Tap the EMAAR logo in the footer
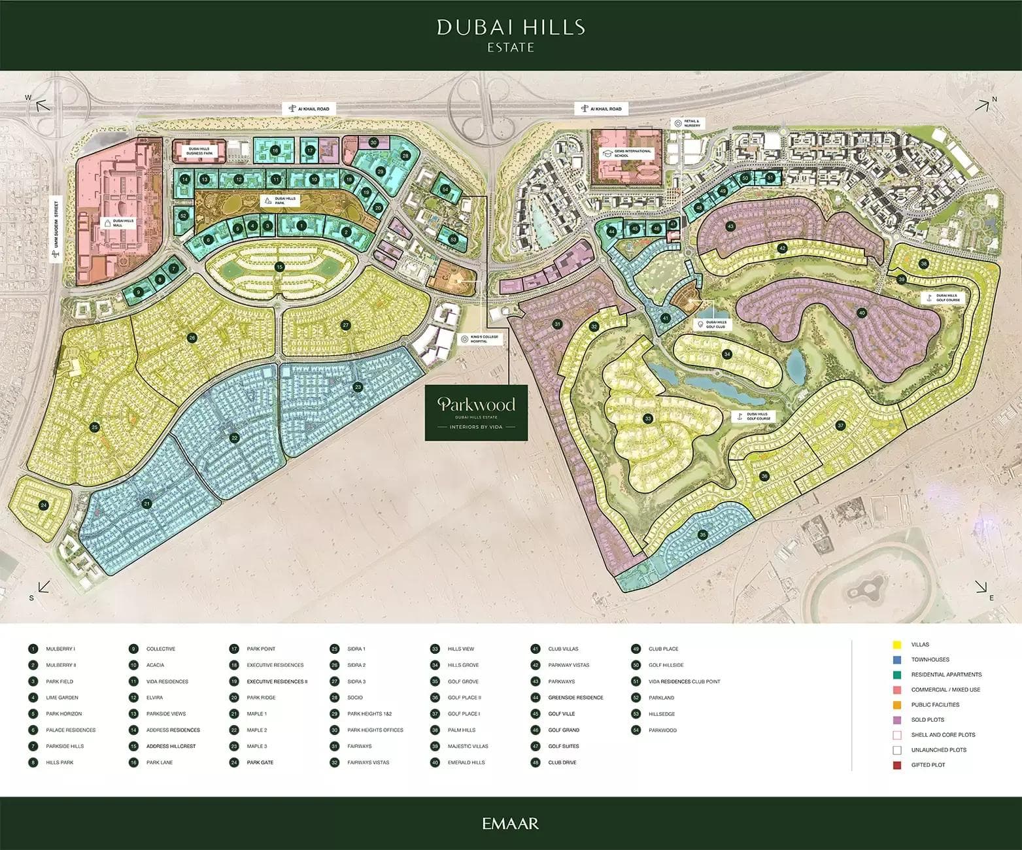511,823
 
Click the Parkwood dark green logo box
476,413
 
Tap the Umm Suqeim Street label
56,229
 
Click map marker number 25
95,428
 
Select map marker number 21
147,503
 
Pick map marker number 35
703,535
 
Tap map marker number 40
862,313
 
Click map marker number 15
280,267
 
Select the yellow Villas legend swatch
897,645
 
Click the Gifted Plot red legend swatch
897,765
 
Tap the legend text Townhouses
930,660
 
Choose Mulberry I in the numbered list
60,649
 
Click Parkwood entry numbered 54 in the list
662,730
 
